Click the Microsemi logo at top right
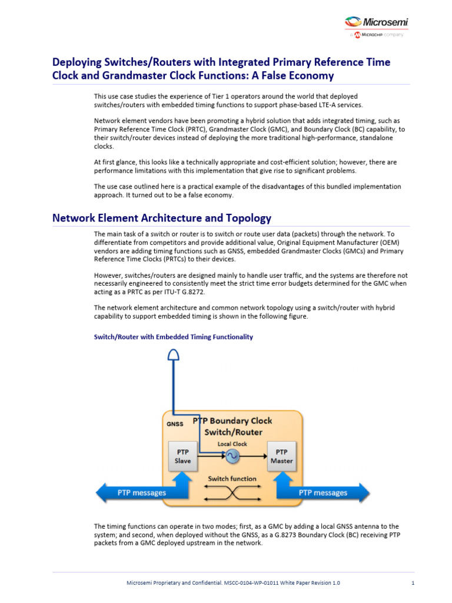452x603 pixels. (376, 24)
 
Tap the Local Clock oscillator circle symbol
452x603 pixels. (232, 455)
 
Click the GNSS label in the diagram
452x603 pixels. (175, 423)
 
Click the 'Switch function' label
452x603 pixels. (232, 479)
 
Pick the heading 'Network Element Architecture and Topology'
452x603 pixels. (162, 218)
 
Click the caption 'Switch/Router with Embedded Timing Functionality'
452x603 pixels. (174, 337)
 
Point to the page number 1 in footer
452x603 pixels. (413, 583)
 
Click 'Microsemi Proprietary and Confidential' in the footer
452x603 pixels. (177, 583)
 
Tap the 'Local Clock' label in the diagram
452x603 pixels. (232, 443)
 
